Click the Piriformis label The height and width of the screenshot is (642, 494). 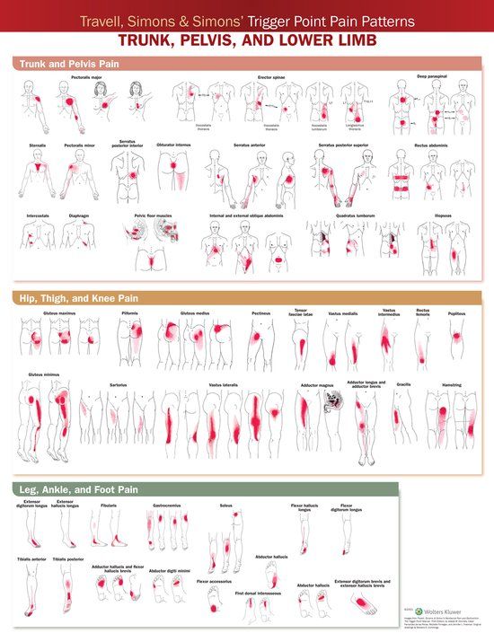click(x=130, y=313)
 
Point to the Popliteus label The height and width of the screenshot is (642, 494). click(x=458, y=314)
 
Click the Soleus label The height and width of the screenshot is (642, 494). click(x=226, y=506)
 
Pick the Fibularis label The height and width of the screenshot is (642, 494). click(x=110, y=506)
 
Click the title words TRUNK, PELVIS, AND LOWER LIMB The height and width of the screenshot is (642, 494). click(x=246, y=40)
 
